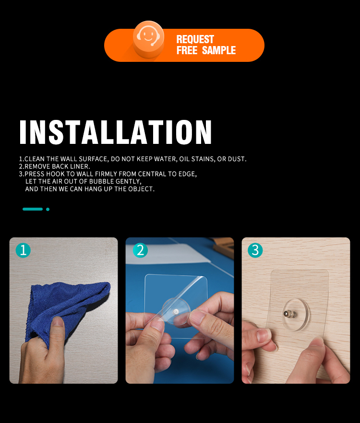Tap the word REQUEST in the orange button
[x=195, y=39]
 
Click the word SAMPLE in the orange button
[x=219, y=50]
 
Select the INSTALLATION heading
[x=115, y=132]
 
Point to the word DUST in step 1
[x=237, y=159]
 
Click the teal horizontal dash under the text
[x=33, y=209]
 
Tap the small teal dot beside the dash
[x=48, y=209]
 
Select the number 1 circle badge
[x=23, y=250]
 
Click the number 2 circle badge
[x=140, y=250]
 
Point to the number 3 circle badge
[x=255, y=250]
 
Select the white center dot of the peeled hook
[x=176, y=312]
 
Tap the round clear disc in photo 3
[x=295, y=315]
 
